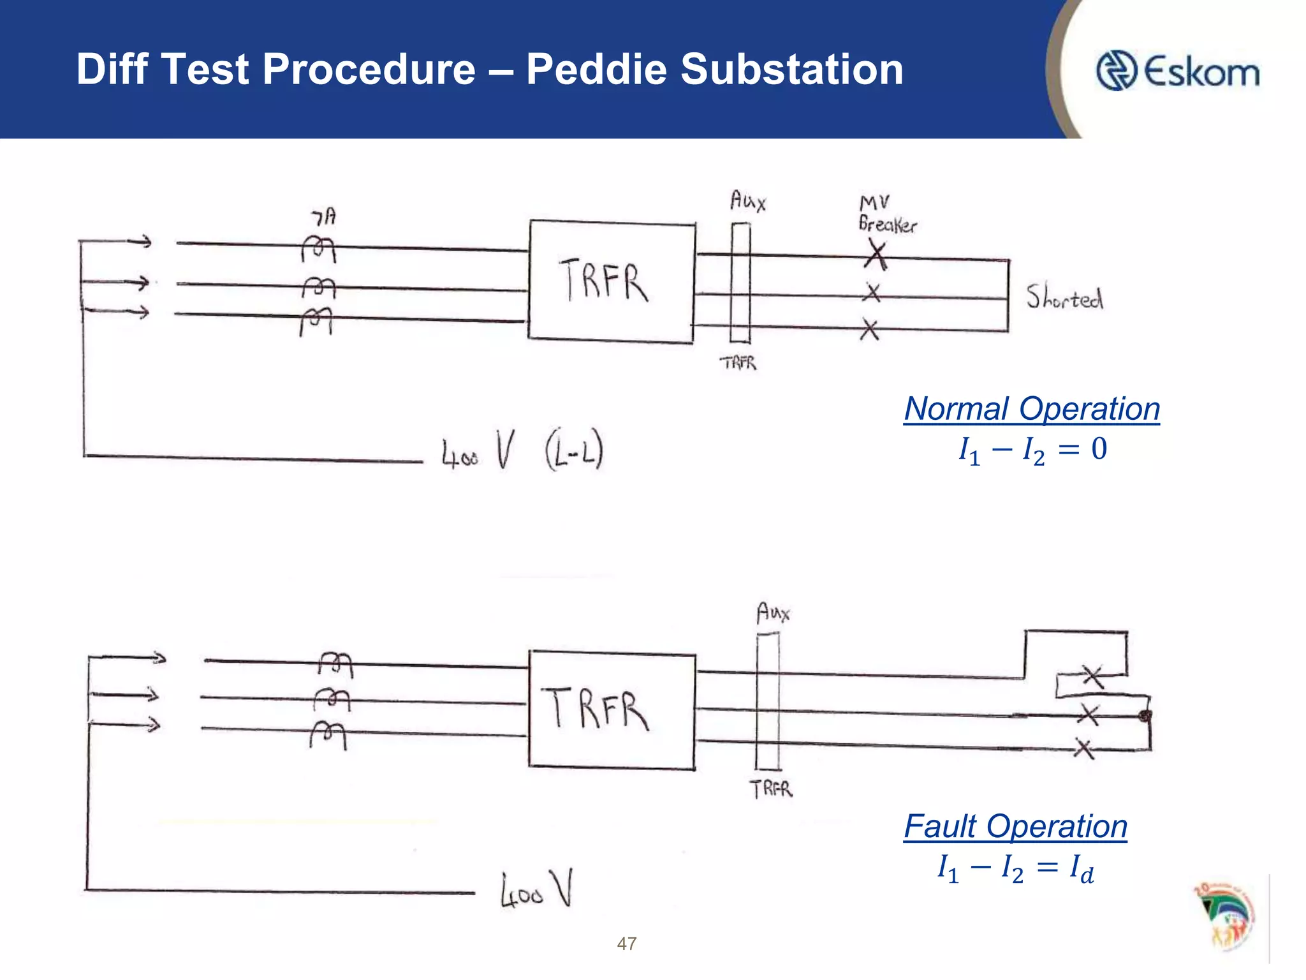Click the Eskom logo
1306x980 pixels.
point(1177,71)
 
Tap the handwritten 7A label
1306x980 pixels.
point(324,218)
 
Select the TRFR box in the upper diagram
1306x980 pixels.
point(612,281)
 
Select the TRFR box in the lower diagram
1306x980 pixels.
point(612,709)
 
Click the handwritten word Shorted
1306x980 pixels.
point(1064,297)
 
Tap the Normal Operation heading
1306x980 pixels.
point(1031,408)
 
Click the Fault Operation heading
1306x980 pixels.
point(1015,826)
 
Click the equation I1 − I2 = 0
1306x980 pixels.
point(1032,449)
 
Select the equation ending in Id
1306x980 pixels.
point(1015,868)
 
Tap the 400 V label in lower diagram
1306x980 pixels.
point(536,889)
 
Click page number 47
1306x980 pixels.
point(626,944)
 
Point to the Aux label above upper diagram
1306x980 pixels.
point(747,201)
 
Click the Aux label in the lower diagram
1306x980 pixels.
point(773,613)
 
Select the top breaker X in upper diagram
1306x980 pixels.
point(876,256)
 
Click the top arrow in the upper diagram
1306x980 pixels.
point(139,242)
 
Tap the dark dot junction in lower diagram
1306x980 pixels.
point(1145,716)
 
